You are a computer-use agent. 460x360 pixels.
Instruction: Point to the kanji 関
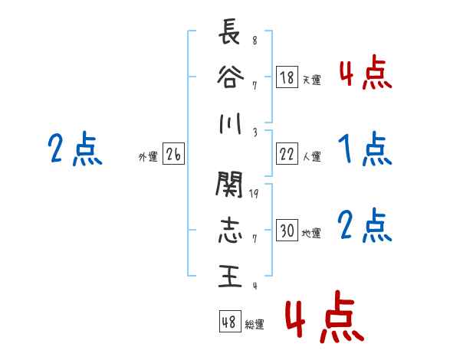[x=229, y=185]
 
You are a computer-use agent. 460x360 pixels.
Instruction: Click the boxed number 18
[x=287, y=77]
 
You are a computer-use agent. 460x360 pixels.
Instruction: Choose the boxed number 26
[x=173, y=155]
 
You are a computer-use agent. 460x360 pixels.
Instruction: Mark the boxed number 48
[x=229, y=322]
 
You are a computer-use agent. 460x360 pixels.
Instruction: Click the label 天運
[x=311, y=80]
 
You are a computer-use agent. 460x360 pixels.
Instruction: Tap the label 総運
[x=255, y=324]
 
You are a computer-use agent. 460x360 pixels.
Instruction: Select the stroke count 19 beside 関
[x=255, y=193]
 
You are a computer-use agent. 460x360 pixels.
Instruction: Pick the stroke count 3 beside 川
[x=255, y=132]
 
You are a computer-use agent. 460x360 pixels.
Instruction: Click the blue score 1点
[x=363, y=149]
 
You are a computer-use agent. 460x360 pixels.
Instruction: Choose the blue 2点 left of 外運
[x=74, y=149]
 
